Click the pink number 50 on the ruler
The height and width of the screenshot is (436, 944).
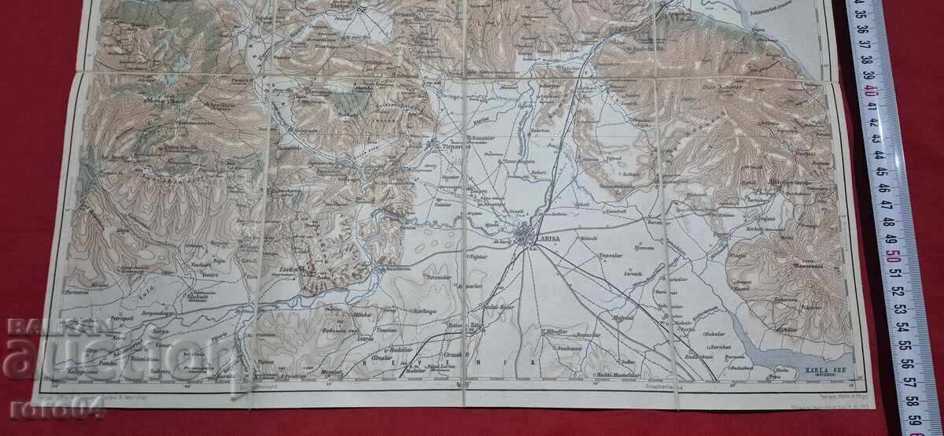click(x=892, y=257)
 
